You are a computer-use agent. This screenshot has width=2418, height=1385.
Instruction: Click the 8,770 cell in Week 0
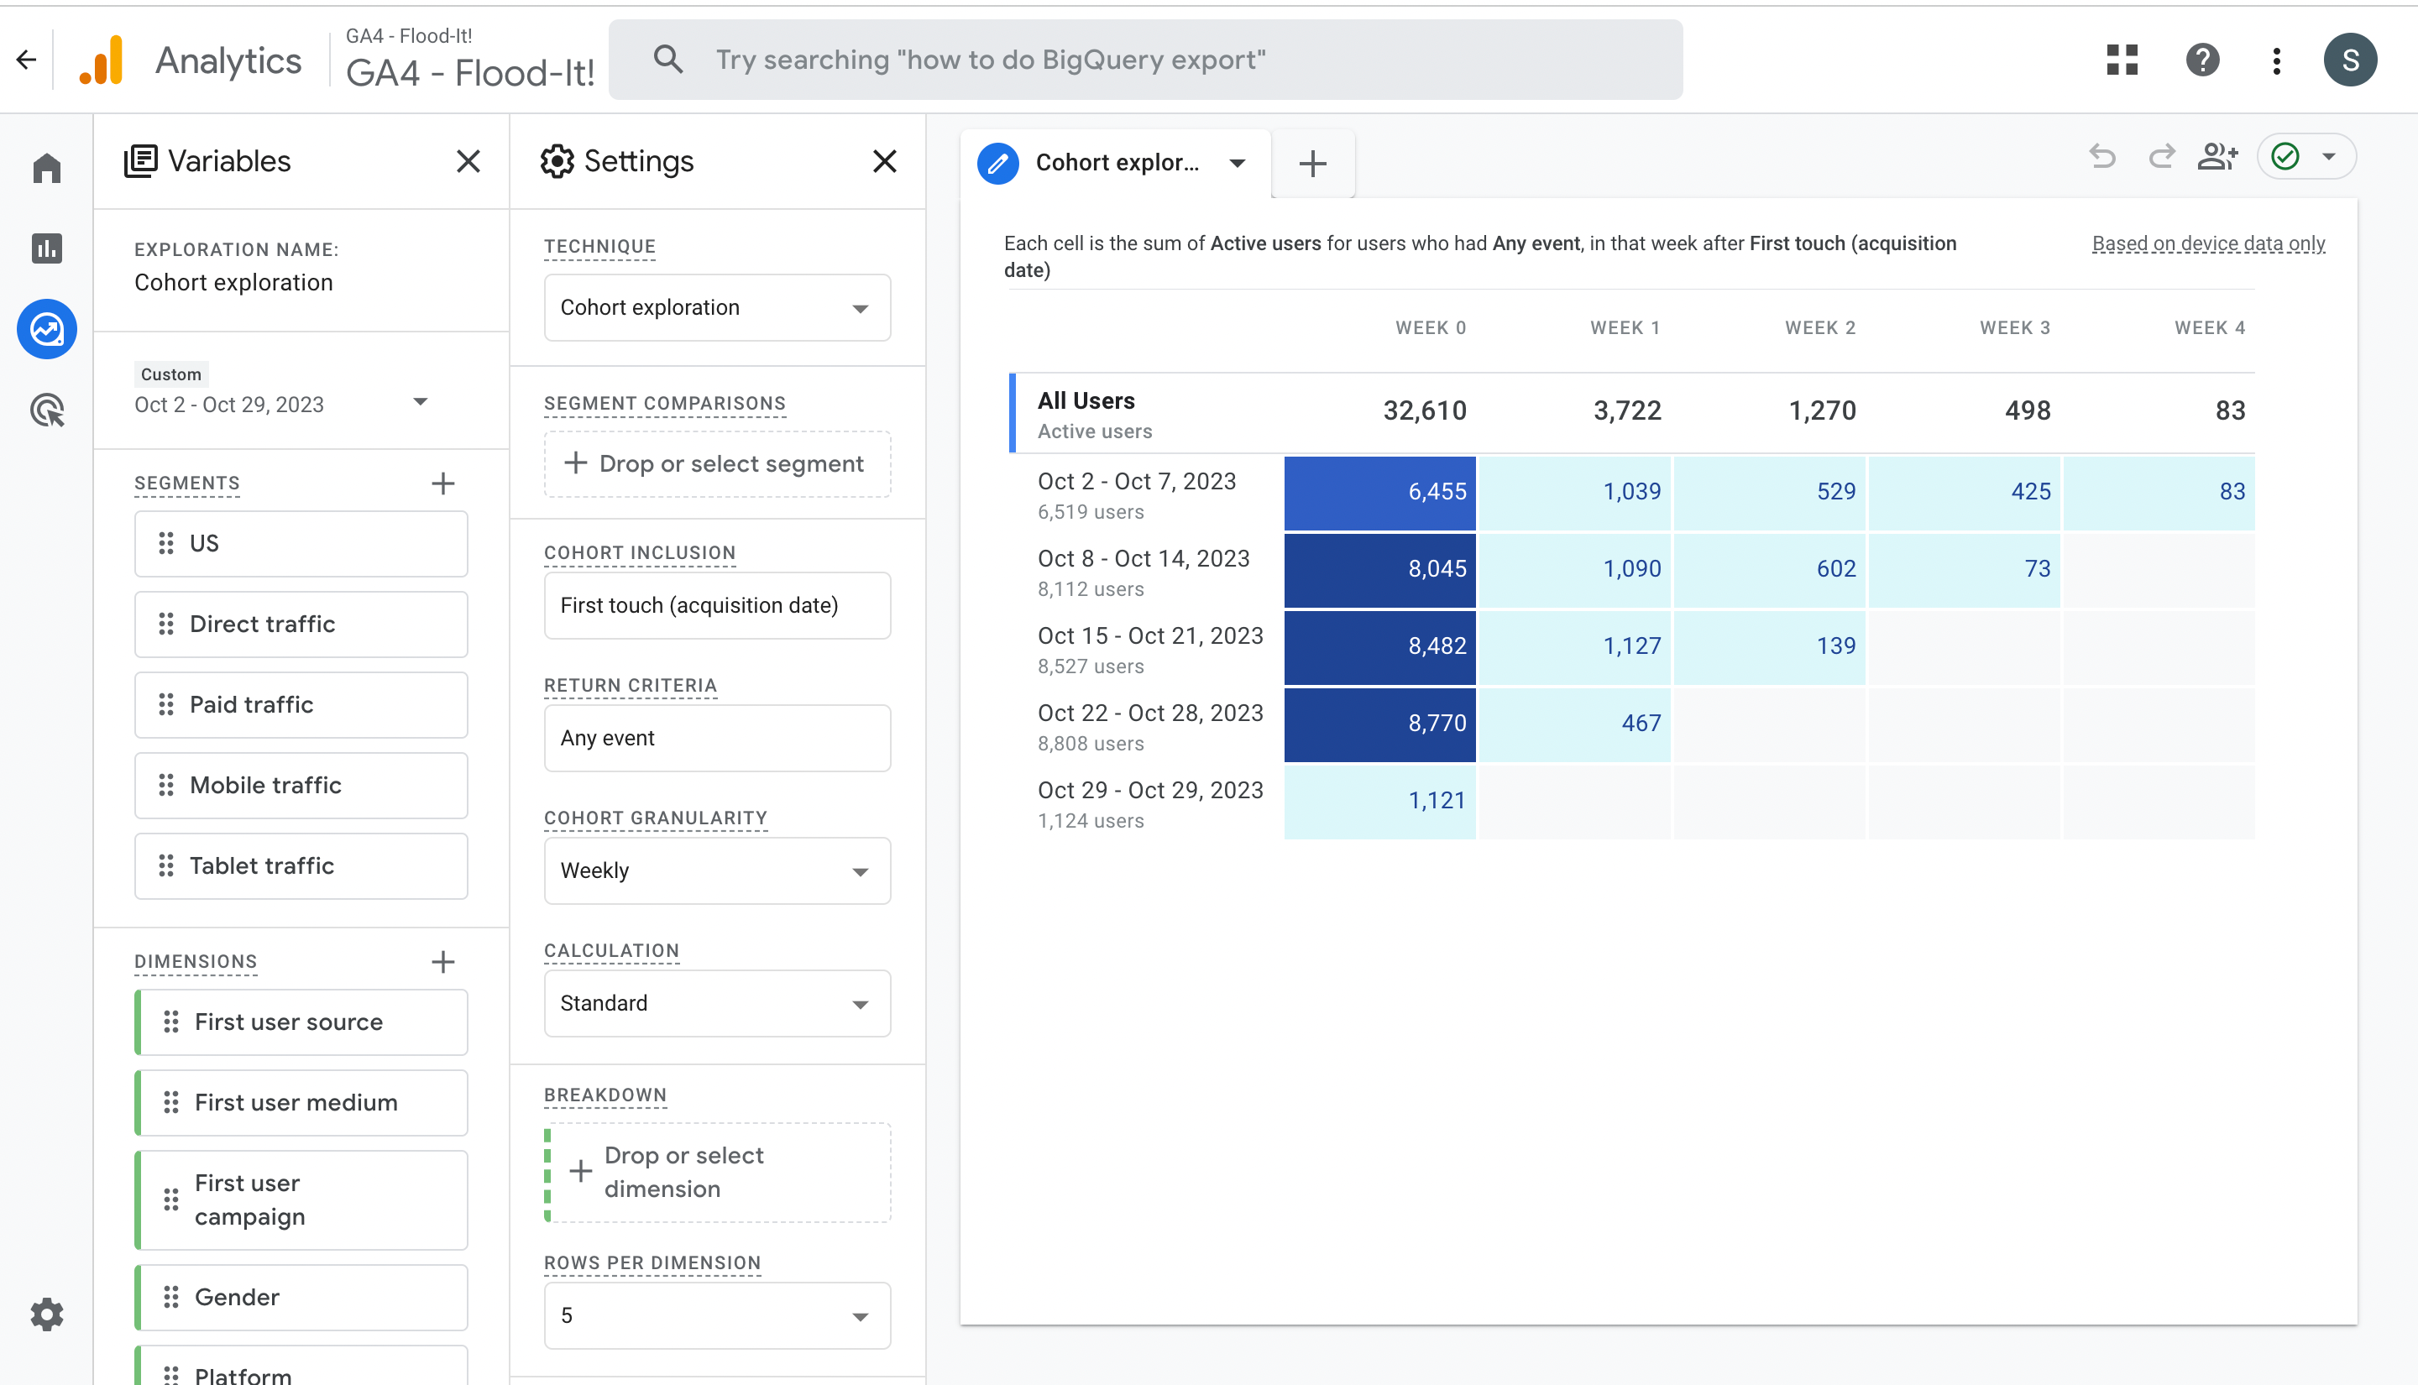(x=1379, y=723)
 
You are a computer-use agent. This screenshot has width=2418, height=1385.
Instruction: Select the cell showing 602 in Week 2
(x=1769, y=569)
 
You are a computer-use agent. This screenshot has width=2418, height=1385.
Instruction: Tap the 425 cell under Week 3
(x=1965, y=492)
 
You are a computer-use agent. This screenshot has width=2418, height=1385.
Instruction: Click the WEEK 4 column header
(x=2209, y=328)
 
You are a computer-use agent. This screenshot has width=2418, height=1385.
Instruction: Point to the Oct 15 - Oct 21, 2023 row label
(x=1149, y=636)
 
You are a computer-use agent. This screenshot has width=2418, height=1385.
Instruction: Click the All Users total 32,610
(x=1424, y=411)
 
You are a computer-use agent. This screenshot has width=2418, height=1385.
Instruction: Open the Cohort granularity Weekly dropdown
(x=716, y=870)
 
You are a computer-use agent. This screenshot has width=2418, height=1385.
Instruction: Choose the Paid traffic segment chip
(x=301, y=705)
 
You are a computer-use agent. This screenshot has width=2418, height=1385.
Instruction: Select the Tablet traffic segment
(x=301, y=865)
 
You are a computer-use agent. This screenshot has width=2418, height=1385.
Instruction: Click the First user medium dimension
(x=301, y=1102)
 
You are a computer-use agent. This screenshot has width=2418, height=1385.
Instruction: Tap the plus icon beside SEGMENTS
(x=442, y=483)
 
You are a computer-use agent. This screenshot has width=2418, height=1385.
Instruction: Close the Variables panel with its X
(x=467, y=162)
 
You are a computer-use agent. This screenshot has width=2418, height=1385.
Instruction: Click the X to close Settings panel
(x=884, y=162)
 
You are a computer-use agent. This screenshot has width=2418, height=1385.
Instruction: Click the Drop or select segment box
(x=716, y=464)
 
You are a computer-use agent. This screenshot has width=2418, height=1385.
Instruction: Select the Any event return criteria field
(x=716, y=738)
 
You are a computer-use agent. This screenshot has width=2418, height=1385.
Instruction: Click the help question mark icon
(x=2201, y=60)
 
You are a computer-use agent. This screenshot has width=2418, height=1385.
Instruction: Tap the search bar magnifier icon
(x=667, y=60)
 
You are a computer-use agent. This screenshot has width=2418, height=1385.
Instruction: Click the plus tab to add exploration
(x=1311, y=164)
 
